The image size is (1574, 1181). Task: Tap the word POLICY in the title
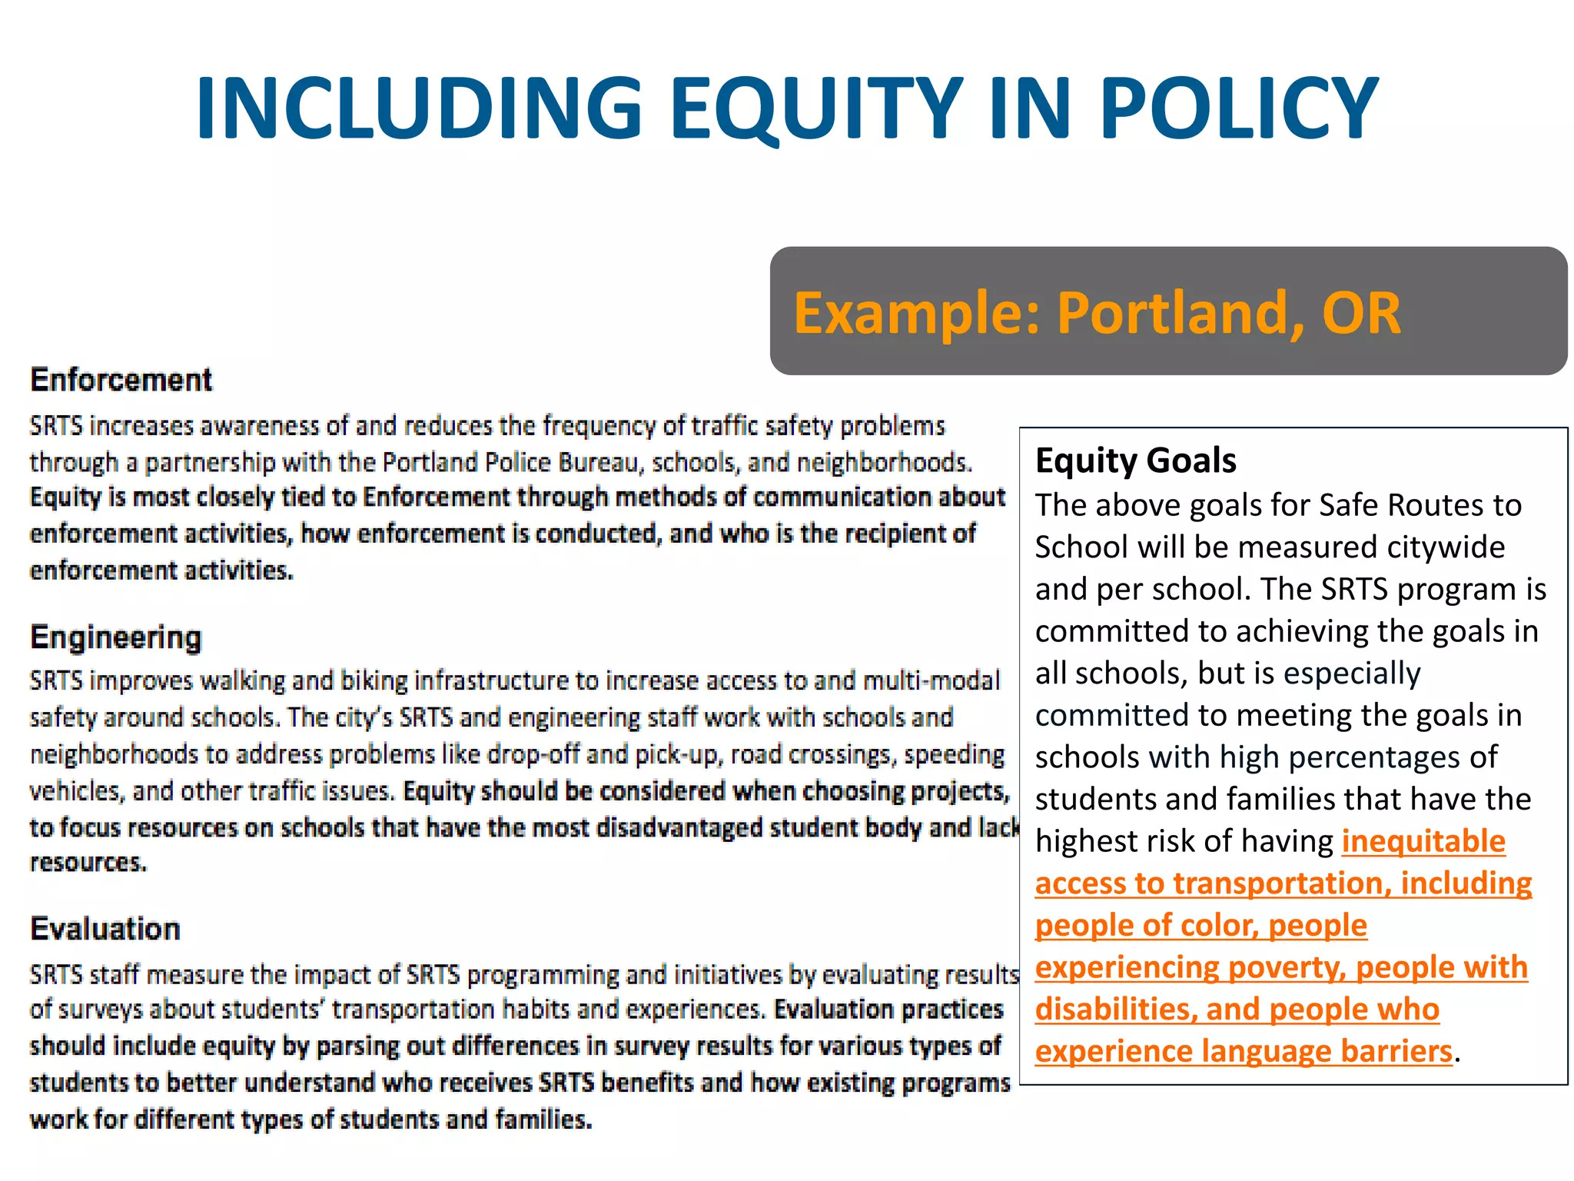pyautogui.click(x=1239, y=108)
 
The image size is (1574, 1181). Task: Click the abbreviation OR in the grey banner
pyautogui.click(x=1361, y=313)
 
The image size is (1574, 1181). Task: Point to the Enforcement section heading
pyautogui.click(x=121, y=380)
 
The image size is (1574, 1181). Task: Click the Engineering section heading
pyautogui.click(x=116, y=637)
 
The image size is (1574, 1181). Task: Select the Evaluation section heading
pyautogui.click(x=105, y=929)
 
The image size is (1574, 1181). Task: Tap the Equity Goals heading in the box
pyautogui.click(x=1135, y=461)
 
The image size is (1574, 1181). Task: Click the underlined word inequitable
pyautogui.click(x=1423, y=841)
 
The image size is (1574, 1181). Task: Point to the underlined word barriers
pyautogui.click(x=1396, y=1051)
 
